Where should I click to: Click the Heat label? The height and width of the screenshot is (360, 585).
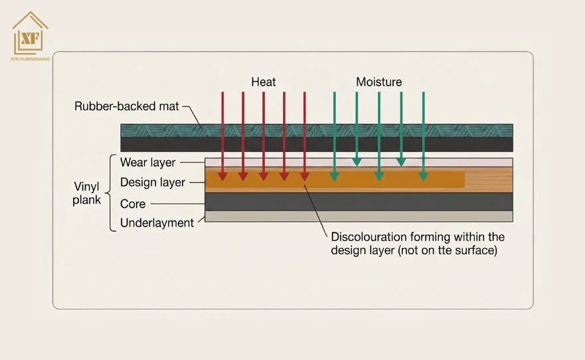pos(264,82)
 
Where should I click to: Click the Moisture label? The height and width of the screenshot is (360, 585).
pos(378,82)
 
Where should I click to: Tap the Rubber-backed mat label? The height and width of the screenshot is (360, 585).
pos(126,106)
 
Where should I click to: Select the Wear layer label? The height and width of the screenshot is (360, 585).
pos(147,163)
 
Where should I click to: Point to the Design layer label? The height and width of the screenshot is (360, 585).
pos(153,183)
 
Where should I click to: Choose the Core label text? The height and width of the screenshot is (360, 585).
pos(133,204)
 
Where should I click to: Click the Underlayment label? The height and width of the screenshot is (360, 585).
pos(157,223)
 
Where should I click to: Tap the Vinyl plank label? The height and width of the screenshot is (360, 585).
pos(86,193)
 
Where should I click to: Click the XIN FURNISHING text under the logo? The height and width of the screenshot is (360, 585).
pos(31,59)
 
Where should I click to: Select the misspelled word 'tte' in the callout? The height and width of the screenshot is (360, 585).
pos(445,250)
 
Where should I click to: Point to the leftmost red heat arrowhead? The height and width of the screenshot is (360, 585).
pos(222,177)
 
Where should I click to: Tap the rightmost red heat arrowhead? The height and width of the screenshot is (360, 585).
pos(304,177)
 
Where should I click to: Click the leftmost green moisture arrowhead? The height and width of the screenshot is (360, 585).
pos(334,177)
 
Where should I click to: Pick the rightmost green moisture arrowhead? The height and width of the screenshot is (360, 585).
pos(423,177)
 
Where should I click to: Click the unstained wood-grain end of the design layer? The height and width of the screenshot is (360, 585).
pos(489,180)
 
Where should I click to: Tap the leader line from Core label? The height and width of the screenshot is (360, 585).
pos(177,204)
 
